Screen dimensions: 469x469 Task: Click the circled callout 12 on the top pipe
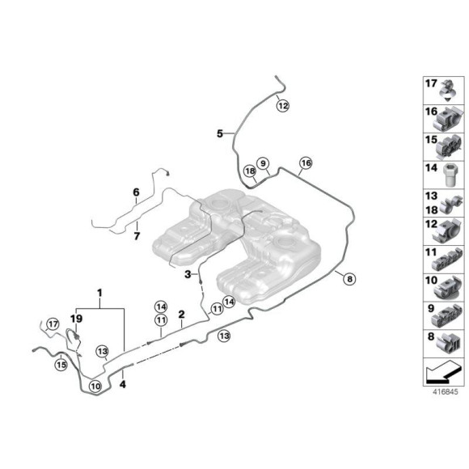(x=281, y=104)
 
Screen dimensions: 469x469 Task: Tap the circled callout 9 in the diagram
(x=263, y=163)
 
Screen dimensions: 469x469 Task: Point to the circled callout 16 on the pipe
(x=305, y=163)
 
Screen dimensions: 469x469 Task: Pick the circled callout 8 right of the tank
(x=349, y=279)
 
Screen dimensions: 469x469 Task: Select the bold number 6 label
(x=136, y=192)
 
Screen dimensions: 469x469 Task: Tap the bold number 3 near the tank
(x=187, y=275)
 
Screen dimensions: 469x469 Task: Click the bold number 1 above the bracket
(x=99, y=292)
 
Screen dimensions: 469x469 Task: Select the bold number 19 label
(x=77, y=319)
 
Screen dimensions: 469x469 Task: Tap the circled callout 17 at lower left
(x=53, y=325)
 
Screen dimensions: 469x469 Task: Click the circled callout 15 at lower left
(x=61, y=365)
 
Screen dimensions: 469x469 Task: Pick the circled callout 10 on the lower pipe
(x=95, y=387)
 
